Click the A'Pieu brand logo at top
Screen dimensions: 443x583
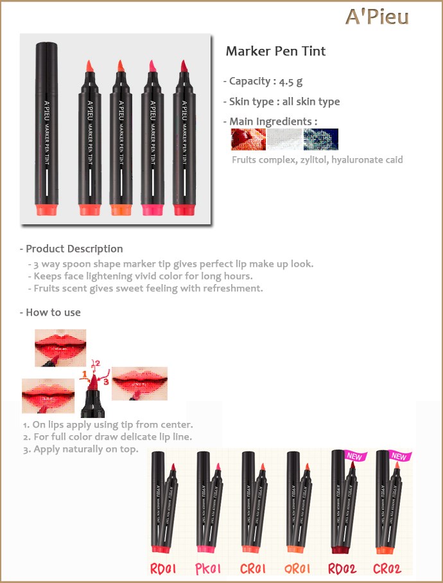377,17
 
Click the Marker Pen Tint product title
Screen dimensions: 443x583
275,51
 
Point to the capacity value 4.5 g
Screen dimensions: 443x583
290,82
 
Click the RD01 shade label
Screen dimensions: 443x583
162,569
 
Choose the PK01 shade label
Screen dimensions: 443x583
208,569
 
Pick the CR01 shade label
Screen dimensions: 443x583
253,569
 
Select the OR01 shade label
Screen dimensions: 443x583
297,569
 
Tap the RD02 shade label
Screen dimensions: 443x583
342,569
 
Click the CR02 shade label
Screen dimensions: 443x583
387,569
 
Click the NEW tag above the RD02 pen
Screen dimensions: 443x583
355,456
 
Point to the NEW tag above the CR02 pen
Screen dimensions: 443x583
399,456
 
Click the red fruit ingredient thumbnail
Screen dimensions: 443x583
248,139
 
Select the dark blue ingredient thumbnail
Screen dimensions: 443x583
321,139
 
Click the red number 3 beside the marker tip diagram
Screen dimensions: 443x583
106,382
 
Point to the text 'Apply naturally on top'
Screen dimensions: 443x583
86,449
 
